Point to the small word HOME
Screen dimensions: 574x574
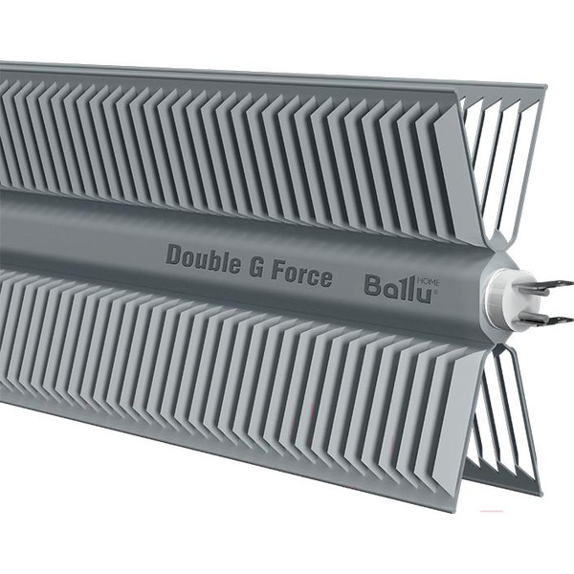432,276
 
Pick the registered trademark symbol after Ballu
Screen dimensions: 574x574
435,295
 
